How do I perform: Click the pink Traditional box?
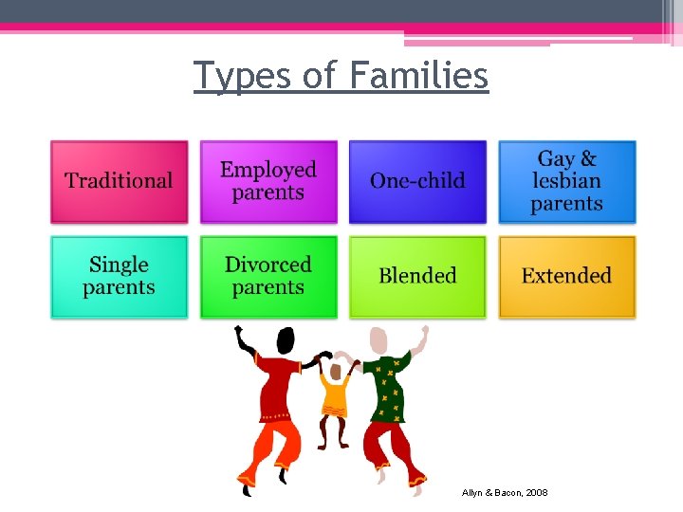pos(119,181)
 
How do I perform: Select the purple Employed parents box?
pos(268,181)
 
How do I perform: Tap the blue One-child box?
pos(417,181)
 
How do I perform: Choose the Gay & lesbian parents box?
pos(566,181)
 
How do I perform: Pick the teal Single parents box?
pos(119,276)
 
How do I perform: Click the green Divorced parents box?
pos(268,276)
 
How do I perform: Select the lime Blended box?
pos(417,276)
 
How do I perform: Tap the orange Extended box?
pos(566,276)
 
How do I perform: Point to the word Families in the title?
pos(421,75)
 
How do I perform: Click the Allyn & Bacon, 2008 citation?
pos(505,493)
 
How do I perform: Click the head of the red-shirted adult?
pos(285,339)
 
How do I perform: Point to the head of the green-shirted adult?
pos(380,339)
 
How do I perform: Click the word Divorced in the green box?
pos(268,265)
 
